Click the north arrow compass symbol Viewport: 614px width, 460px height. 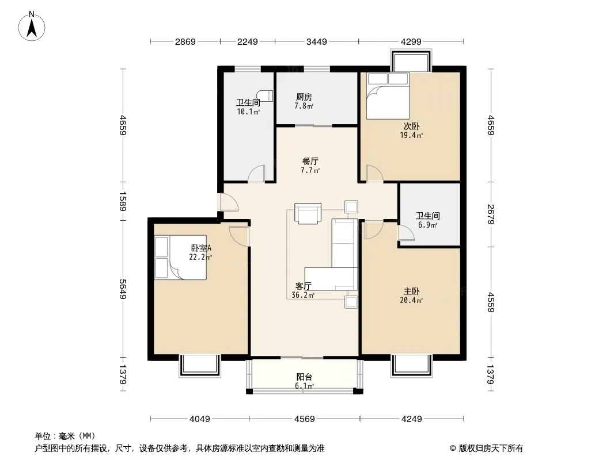tap(32, 26)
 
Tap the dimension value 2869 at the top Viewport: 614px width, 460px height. tap(185, 41)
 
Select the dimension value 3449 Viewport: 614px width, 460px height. tap(316, 41)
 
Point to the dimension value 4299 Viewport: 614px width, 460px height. tap(411, 41)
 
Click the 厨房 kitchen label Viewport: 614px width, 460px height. tap(304, 97)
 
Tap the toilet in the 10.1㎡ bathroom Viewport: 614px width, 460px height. tap(265, 96)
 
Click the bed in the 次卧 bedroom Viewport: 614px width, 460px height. tap(388, 96)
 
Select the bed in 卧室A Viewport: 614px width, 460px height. tap(180, 257)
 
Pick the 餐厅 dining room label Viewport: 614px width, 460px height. tap(310, 161)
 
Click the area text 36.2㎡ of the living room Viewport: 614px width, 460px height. tap(303, 296)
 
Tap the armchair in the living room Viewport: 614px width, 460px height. tap(308, 213)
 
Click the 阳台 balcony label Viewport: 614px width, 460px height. tap(304, 377)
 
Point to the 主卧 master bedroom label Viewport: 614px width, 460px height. tap(412, 291)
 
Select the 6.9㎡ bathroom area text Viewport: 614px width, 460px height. tap(427, 225)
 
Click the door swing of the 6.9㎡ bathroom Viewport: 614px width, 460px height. tap(406, 233)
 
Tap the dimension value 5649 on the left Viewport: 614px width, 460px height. tap(123, 289)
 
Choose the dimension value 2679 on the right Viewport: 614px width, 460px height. tap(491, 214)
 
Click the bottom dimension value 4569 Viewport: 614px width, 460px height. tap(304, 419)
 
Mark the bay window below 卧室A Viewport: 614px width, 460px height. tap(200, 366)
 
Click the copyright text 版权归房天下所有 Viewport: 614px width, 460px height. tap(491, 448)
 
